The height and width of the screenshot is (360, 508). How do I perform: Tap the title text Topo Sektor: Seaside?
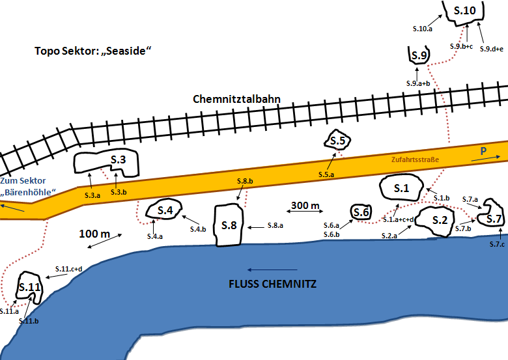point(93,51)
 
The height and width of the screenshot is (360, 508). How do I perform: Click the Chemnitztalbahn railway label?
point(236,99)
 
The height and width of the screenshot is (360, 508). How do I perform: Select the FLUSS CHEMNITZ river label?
point(272,284)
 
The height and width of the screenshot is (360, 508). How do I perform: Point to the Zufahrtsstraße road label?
point(415,159)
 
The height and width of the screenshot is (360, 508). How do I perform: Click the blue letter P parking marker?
point(483,151)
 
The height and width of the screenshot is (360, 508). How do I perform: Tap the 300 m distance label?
point(305,205)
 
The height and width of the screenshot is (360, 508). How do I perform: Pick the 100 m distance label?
point(94,234)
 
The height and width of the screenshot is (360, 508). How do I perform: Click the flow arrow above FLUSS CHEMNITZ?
point(272,270)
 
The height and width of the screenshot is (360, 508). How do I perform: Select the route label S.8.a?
point(275,225)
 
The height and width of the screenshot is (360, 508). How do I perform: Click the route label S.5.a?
point(326,174)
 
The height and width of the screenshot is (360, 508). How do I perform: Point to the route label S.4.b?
point(198,229)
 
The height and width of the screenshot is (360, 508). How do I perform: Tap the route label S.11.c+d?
point(68,269)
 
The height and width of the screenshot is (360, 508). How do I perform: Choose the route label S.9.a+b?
point(418,83)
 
